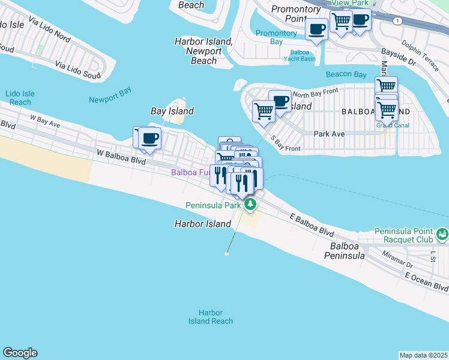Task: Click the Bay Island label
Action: pos(172,111)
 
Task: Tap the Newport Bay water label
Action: pos(110,100)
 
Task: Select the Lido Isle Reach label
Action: pos(18,98)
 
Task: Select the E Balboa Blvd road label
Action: pos(311,224)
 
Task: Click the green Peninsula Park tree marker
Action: pos(250,205)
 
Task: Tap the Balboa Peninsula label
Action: pos(345,251)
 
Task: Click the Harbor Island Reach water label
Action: pos(210,317)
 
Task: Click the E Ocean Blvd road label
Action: pos(426,281)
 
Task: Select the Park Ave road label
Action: pos(329,134)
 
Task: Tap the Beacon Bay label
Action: pos(346,74)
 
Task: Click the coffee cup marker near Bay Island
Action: pos(149,138)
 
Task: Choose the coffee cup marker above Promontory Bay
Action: pos(316,29)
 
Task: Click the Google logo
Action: pos(20,353)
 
